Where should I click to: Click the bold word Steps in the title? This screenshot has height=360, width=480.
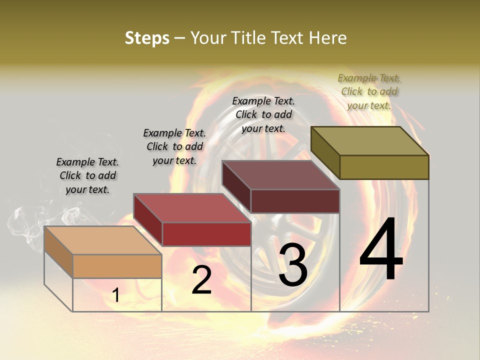[x=147, y=38]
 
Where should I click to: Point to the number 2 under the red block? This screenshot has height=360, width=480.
[x=201, y=280]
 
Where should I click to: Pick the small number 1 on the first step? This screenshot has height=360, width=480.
[x=115, y=295]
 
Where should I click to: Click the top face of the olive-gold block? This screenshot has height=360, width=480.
[x=370, y=140]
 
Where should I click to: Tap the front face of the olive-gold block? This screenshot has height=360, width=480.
[x=384, y=167]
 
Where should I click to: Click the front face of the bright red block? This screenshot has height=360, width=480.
[x=206, y=234]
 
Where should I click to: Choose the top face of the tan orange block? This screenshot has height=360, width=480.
[x=103, y=240]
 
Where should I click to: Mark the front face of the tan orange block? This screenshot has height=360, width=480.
[x=117, y=266]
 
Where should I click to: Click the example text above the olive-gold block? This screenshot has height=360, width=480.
[x=369, y=91]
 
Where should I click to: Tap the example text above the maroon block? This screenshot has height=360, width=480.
[x=263, y=114]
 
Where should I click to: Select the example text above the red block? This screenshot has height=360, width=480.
[x=174, y=146]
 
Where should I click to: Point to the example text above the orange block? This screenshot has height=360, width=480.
[x=87, y=175]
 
